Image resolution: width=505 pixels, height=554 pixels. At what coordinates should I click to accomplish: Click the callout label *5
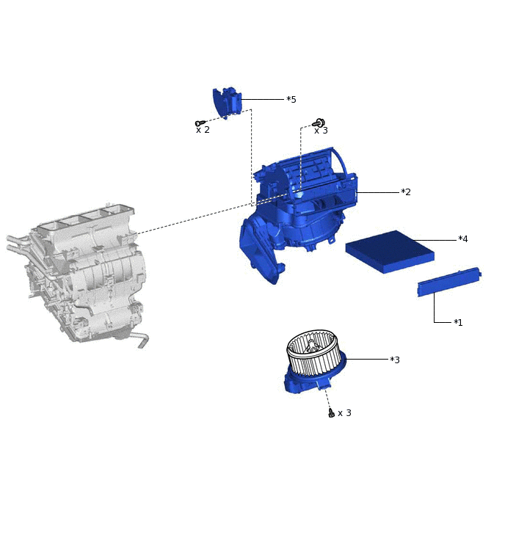pyautogui.click(x=291, y=100)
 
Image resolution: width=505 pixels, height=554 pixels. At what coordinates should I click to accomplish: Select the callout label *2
pyautogui.click(x=406, y=192)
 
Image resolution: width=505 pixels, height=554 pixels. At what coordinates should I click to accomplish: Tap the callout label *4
pyautogui.click(x=462, y=238)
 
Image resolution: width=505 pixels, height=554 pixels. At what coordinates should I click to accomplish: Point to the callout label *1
pyautogui.click(x=458, y=322)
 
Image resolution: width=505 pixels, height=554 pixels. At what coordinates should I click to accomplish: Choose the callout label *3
pyautogui.click(x=395, y=360)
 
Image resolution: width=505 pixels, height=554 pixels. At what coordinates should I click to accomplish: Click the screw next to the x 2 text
pyautogui.click(x=200, y=123)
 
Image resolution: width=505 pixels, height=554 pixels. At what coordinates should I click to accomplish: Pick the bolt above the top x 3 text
pyautogui.click(x=319, y=123)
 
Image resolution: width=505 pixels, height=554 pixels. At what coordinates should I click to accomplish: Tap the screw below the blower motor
pyautogui.click(x=331, y=412)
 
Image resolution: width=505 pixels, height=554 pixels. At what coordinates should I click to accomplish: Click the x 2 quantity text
pyautogui.click(x=203, y=130)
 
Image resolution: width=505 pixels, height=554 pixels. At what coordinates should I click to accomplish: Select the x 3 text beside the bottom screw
pyautogui.click(x=344, y=413)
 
